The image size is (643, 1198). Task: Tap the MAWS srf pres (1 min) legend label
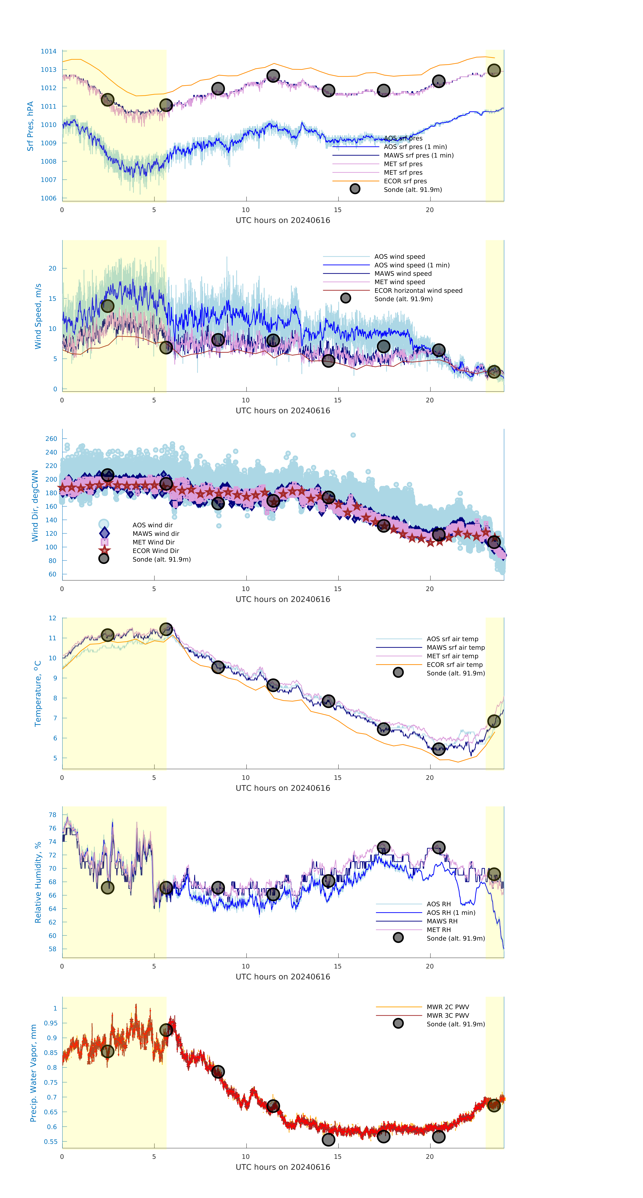pos(418,155)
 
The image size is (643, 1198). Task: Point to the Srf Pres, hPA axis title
pos(30,126)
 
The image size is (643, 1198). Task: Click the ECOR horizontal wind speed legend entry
pos(418,291)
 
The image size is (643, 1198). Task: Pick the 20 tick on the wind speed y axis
pos(53,268)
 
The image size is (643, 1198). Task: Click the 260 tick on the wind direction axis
pos(51,439)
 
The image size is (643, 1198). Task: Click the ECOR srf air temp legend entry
pos(454,664)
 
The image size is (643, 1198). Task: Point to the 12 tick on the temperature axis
pos(53,618)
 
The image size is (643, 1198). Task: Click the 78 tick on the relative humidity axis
pos(53,815)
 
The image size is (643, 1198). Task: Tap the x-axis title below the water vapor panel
pos(283,1167)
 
